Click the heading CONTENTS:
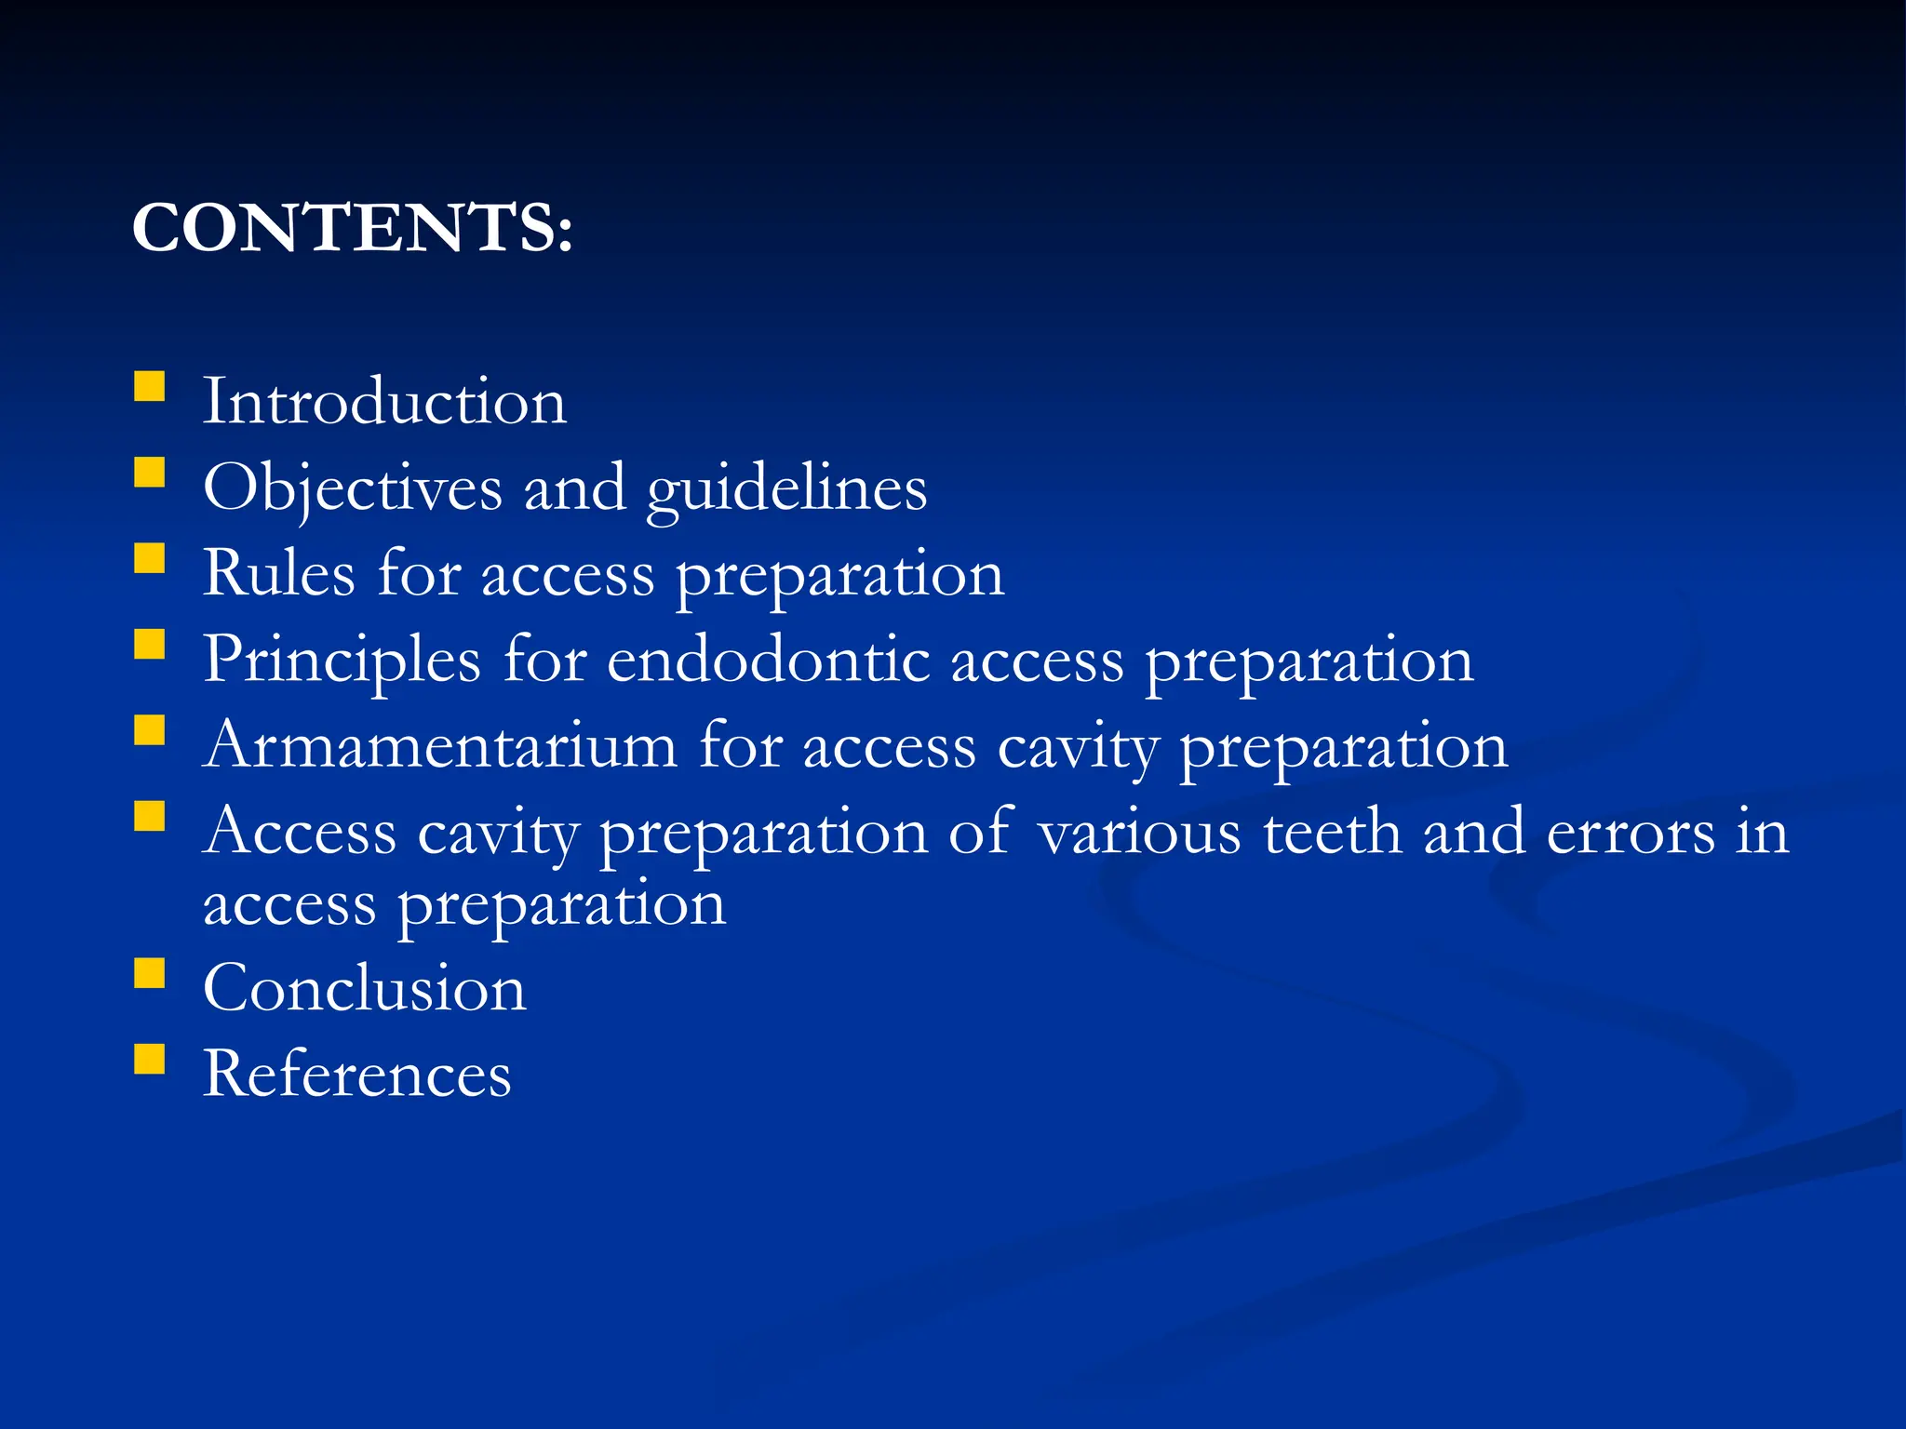(x=352, y=228)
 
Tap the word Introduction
(x=384, y=402)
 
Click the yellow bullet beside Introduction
(x=149, y=386)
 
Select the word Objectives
(x=353, y=487)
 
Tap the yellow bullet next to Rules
(x=149, y=558)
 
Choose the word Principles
(x=342, y=661)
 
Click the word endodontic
(x=768, y=661)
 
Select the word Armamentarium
(x=440, y=746)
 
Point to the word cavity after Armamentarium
(x=1077, y=748)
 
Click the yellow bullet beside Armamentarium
(x=149, y=730)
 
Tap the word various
(x=1139, y=832)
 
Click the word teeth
(x=1332, y=832)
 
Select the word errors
(x=1631, y=832)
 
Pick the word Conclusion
(x=365, y=988)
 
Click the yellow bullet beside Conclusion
(x=149, y=973)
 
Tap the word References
(x=357, y=1074)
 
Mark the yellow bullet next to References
(x=149, y=1059)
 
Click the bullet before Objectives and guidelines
(x=149, y=473)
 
